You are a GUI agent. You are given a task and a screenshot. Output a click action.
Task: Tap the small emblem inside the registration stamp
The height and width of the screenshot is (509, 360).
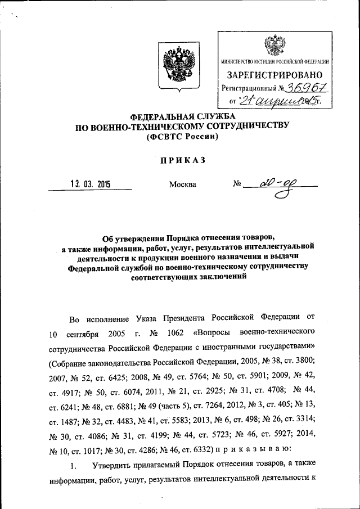click(275, 44)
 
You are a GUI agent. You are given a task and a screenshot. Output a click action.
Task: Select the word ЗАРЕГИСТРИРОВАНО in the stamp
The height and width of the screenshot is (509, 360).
click(275, 75)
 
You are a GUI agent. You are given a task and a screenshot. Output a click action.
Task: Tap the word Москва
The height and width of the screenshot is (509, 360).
click(183, 184)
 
